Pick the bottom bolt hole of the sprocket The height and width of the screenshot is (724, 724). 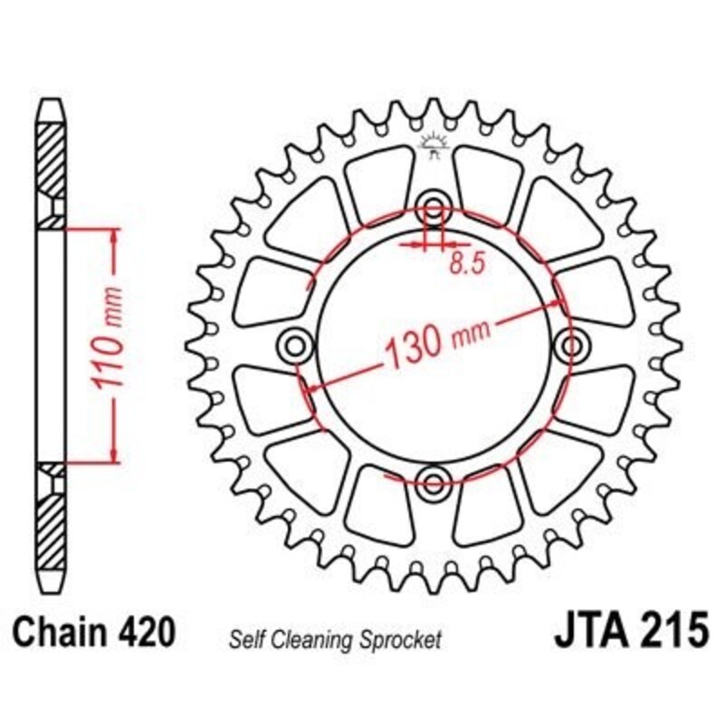(434, 480)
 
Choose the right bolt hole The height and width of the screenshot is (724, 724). (573, 344)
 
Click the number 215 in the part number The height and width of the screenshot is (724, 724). (671, 630)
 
